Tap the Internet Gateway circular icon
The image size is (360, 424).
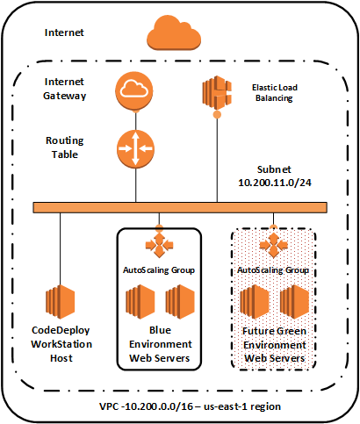coord(134,89)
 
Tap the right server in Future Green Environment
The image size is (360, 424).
coord(296,301)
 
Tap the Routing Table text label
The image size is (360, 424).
coord(64,146)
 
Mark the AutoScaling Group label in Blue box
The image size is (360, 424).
coord(159,270)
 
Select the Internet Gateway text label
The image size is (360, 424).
coord(64,89)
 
